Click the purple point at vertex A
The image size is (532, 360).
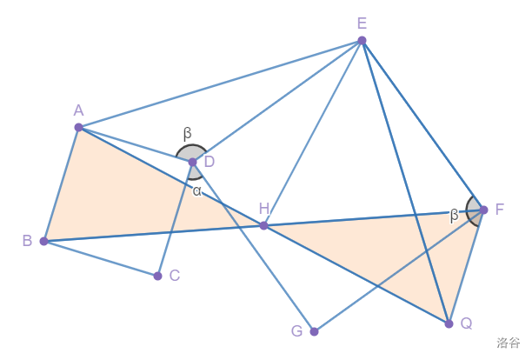(79, 127)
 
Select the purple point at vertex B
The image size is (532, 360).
(44, 241)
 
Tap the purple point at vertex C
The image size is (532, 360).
(157, 276)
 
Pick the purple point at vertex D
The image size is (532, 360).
(193, 163)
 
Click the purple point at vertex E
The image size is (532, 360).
(362, 41)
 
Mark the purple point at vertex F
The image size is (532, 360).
(484, 210)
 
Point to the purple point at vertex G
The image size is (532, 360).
(314, 331)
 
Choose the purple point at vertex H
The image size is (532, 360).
(263, 225)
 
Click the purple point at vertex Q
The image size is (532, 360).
(449, 323)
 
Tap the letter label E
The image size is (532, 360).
(362, 23)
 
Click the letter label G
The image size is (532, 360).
(297, 331)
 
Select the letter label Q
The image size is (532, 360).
(467, 323)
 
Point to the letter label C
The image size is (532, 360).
(175, 276)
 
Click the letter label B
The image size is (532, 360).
(28, 241)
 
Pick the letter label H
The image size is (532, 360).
(264, 209)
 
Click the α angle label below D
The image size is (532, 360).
(197, 191)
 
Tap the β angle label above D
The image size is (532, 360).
(187, 134)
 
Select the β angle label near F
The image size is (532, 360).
(454, 216)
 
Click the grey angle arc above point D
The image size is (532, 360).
(192, 145)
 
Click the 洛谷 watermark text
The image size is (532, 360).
(508, 343)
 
